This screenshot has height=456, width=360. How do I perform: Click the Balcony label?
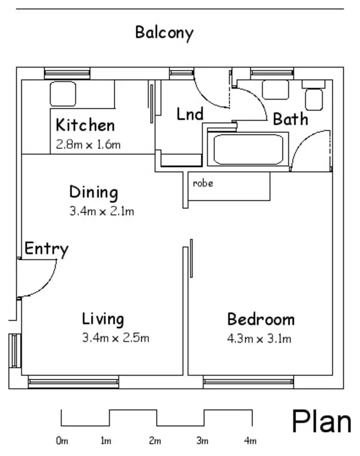[164, 33]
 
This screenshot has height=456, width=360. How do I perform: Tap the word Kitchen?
[85, 126]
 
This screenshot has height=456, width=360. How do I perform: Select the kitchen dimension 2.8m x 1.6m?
[88, 144]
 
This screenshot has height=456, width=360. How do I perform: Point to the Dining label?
[94, 192]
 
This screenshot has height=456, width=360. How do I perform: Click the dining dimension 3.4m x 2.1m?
[102, 210]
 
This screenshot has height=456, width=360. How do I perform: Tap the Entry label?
[46, 249]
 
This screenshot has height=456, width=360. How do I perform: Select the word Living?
[103, 319]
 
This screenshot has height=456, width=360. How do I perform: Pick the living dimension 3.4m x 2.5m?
[116, 338]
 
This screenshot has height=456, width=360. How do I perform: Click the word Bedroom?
[261, 319]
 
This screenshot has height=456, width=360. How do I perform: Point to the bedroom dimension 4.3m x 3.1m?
[259, 339]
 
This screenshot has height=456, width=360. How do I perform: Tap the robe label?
[203, 183]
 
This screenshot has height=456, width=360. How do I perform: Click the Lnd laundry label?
[190, 114]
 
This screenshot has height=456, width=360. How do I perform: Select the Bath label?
[290, 119]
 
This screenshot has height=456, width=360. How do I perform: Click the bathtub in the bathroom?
[248, 150]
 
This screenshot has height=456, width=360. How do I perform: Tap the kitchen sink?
[63, 94]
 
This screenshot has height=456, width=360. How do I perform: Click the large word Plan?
[322, 421]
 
